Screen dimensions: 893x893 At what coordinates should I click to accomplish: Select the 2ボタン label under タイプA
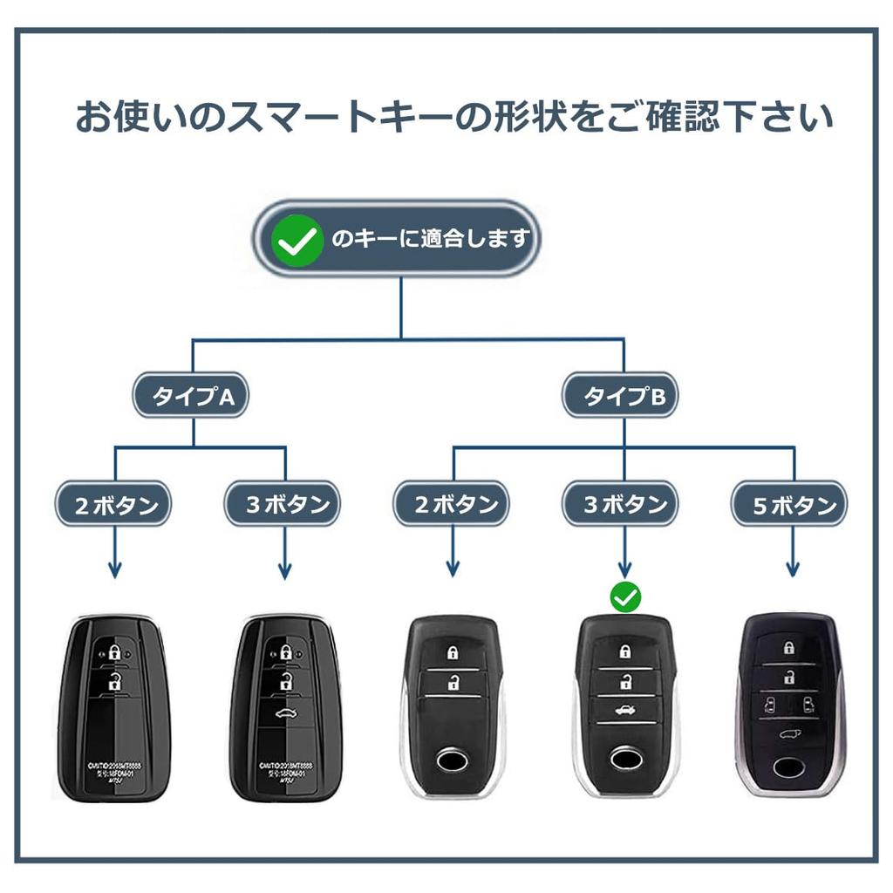point(114,504)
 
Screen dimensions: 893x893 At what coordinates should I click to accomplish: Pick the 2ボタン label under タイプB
point(452,504)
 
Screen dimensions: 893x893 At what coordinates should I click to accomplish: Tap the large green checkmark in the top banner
point(297,238)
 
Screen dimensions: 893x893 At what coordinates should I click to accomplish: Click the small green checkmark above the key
point(624,597)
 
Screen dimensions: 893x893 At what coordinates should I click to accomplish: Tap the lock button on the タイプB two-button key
point(452,652)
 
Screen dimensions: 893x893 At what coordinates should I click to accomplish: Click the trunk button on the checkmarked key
point(624,710)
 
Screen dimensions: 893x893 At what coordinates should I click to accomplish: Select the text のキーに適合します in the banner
point(431,238)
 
